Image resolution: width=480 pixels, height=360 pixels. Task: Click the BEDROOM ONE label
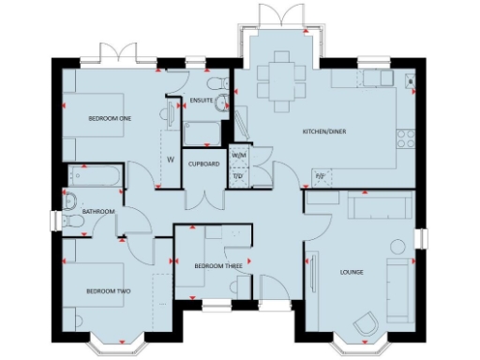pyautogui.click(x=110, y=118)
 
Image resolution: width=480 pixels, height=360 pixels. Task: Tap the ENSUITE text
pyautogui.click(x=200, y=98)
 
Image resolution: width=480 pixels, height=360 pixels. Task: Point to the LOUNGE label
pyautogui.click(x=352, y=272)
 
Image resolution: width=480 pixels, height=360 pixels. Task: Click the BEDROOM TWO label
pyautogui.click(x=110, y=292)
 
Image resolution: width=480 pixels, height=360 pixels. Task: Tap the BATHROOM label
pyautogui.click(x=97, y=212)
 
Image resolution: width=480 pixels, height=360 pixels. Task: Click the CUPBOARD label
pyautogui.click(x=203, y=164)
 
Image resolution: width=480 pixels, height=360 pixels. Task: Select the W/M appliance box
pyautogui.click(x=238, y=155)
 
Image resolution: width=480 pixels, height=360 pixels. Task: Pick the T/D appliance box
pyautogui.click(x=238, y=175)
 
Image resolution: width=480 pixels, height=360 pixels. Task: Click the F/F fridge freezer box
pyautogui.click(x=320, y=175)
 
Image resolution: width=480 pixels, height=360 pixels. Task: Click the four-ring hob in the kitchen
pyautogui.click(x=407, y=141)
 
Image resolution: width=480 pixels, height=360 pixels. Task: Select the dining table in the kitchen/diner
pyautogui.click(x=280, y=73)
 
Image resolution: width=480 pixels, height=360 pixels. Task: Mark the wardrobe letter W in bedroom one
pyautogui.click(x=171, y=159)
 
